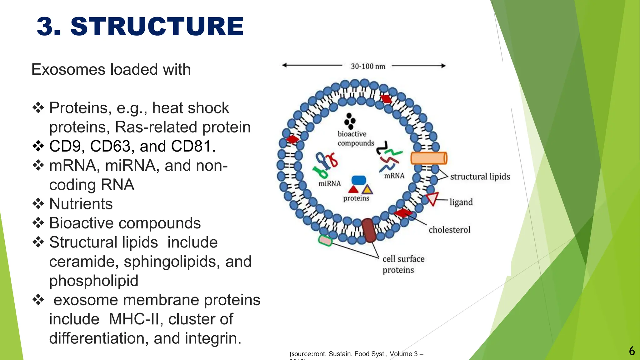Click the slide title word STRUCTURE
click(x=157, y=27)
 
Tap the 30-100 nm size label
click(x=368, y=66)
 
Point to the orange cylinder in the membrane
click(x=428, y=158)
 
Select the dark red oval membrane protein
click(x=369, y=231)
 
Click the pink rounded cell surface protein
click(x=325, y=241)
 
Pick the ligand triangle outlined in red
click(x=433, y=198)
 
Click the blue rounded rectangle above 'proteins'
click(x=358, y=180)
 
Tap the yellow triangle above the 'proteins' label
click(x=367, y=190)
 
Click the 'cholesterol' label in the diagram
click(x=449, y=230)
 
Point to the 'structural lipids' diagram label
click(x=480, y=177)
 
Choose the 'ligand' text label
click(x=461, y=202)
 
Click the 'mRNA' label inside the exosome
click(x=394, y=176)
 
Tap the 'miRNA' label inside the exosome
click(x=329, y=183)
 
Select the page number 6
click(x=632, y=351)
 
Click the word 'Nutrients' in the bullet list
click(x=81, y=204)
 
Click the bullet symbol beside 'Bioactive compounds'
click(x=38, y=223)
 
